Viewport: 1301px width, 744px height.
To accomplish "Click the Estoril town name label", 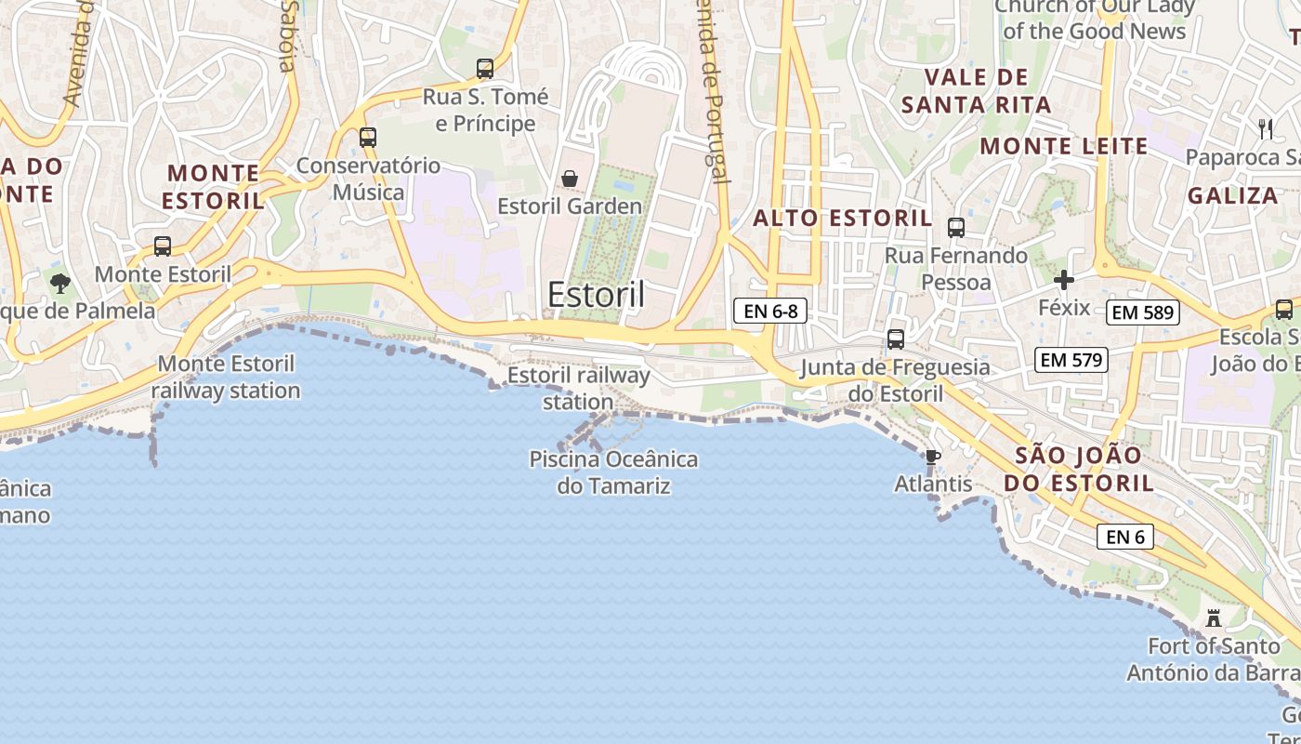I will tap(596, 294).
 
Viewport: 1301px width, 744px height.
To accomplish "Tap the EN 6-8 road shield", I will tap(769, 311).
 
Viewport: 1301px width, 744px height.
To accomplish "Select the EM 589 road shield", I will tap(1143, 312).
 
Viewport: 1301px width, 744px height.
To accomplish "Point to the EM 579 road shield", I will tap(1071, 359).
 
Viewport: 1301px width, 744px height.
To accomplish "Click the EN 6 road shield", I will tap(1124, 537).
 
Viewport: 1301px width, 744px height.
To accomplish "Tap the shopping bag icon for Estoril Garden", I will tap(570, 179).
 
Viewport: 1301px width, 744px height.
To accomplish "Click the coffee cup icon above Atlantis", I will tap(932, 457).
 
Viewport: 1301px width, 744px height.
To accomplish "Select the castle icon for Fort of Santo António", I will tap(1213, 618).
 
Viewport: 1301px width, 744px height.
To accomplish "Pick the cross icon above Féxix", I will tap(1064, 279).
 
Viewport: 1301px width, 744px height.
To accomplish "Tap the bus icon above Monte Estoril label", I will tap(163, 246).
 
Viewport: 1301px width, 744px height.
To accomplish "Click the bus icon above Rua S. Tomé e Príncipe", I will tap(484, 69).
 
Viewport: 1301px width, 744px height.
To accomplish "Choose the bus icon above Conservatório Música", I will tap(368, 138).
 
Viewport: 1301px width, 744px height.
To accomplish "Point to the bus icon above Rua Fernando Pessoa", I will tap(955, 228).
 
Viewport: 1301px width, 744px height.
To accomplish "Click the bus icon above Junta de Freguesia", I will tap(896, 339).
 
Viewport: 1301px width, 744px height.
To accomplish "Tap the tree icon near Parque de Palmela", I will tap(60, 283).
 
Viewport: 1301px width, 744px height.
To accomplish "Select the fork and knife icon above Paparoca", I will tap(1265, 129).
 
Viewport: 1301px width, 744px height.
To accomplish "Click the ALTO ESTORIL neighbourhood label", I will tap(842, 219).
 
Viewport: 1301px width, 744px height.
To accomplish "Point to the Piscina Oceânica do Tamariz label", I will tap(613, 472).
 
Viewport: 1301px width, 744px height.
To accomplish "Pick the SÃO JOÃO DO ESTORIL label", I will tap(1078, 470).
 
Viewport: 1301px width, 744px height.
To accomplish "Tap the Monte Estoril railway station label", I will tap(226, 378).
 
